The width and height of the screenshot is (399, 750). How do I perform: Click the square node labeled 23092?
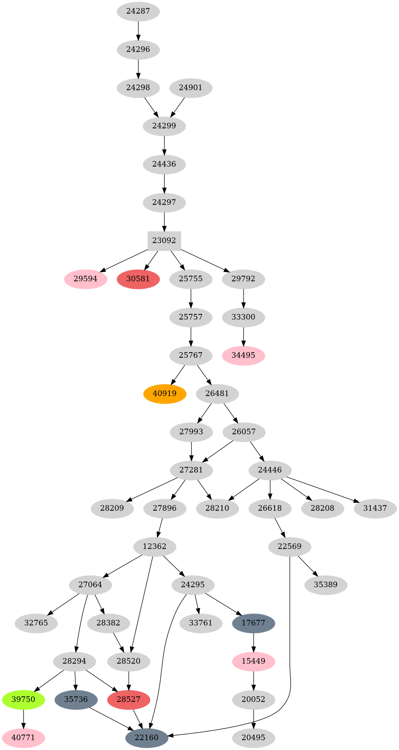tap(164, 241)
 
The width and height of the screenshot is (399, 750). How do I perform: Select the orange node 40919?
tap(165, 394)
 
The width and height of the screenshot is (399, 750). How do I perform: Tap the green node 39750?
tap(24, 699)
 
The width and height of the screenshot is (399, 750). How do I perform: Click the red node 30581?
tap(138, 279)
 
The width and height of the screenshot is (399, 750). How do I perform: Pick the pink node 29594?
tap(86, 279)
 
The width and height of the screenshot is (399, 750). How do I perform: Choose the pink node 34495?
tap(244, 355)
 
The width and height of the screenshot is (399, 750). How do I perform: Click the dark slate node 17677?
tap(254, 623)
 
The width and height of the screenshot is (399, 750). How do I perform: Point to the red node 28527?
tap(129, 699)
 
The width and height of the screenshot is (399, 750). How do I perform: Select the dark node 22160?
tap(147, 738)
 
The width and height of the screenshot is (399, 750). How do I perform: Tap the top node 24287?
tap(138, 11)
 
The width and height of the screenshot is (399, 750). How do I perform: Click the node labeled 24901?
tap(191, 88)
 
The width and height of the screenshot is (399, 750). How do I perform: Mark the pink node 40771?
tap(24, 738)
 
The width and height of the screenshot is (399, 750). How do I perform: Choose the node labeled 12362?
tap(154, 546)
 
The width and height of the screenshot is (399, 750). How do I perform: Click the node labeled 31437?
tap(375, 508)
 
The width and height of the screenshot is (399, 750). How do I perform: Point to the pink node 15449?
tap(254, 661)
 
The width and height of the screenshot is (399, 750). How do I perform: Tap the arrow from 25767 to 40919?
tap(178, 374)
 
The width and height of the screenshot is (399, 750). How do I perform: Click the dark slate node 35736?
tap(76, 699)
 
